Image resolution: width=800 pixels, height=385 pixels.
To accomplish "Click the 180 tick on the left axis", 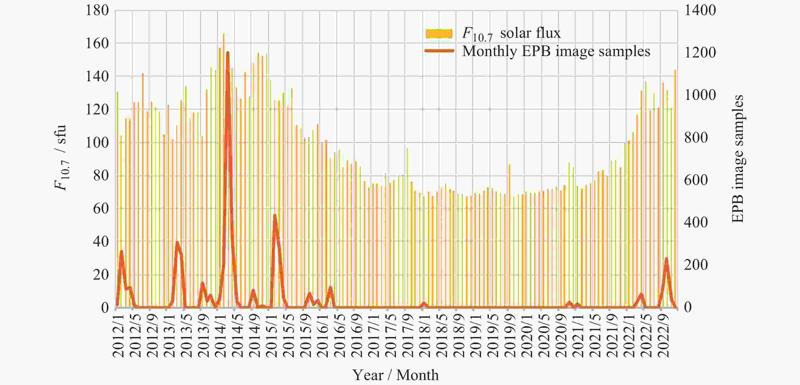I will click(x=97, y=10).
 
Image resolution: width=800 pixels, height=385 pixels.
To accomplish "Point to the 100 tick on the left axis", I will click(x=97, y=143).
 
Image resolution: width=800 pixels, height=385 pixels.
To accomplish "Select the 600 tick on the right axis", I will click(x=696, y=180).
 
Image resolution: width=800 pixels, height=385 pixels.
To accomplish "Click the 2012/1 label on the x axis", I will click(x=118, y=335).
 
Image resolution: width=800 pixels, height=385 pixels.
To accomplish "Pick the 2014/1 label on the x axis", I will click(x=220, y=335).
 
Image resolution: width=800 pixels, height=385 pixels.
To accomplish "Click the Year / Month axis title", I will click(x=395, y=375).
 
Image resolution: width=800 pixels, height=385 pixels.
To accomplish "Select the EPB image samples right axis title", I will click(x=738, y=159).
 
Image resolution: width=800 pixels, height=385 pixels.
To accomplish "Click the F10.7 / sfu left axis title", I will click(x=61, y=158).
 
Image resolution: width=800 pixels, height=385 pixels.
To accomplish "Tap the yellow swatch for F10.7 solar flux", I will click(x=439, y=34).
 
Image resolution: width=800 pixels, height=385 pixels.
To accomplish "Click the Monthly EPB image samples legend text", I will click(x=556, y=51).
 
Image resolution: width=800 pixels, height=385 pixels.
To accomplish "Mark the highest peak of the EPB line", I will click(x=228, y=53).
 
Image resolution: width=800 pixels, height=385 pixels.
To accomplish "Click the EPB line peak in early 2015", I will click(x=275, y=215).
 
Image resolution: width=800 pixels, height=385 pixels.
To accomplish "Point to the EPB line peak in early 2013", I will click(x=177, y=242).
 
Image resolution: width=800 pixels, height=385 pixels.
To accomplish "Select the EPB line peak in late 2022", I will click(x=666, y=258).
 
